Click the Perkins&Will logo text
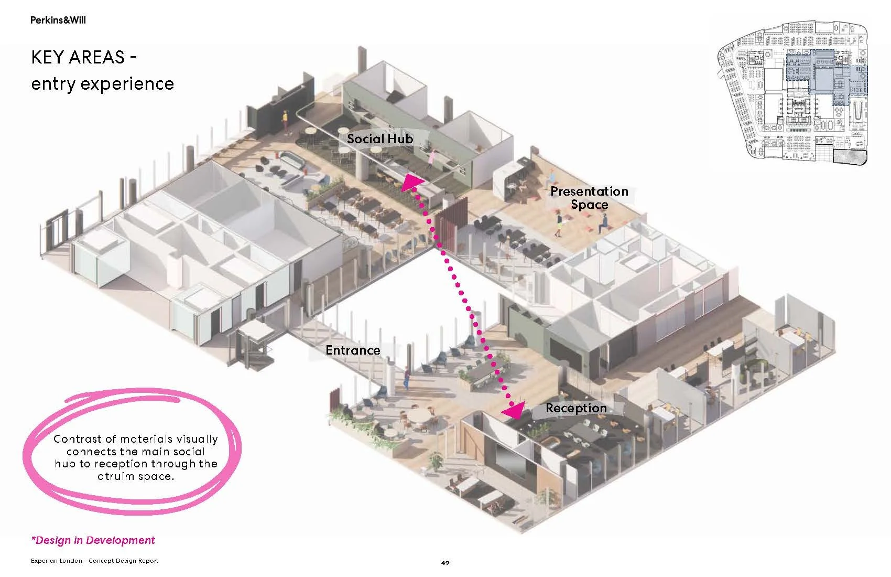(58, 20)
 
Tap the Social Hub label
(380, 139)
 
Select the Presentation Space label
(589, 198)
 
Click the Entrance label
(353, 350)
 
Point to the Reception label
(576, 408)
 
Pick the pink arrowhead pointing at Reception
(514, 410)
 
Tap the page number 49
(445, 563)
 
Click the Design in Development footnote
(93, 540)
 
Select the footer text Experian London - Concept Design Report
(94, 561)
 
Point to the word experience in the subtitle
(127, 83)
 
